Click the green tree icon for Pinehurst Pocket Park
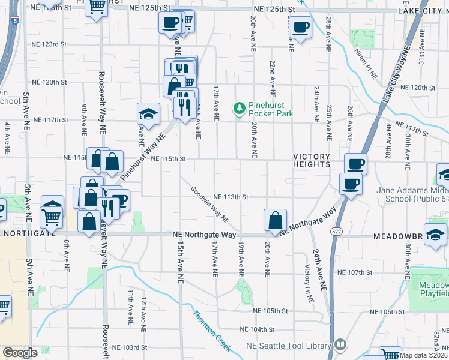240,108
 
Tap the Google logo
20,352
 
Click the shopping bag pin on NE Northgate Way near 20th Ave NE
275,220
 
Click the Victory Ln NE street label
309,283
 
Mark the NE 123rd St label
49,44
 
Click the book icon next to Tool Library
340,345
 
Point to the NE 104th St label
257,329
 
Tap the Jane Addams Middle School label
412,195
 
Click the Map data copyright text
423,355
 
